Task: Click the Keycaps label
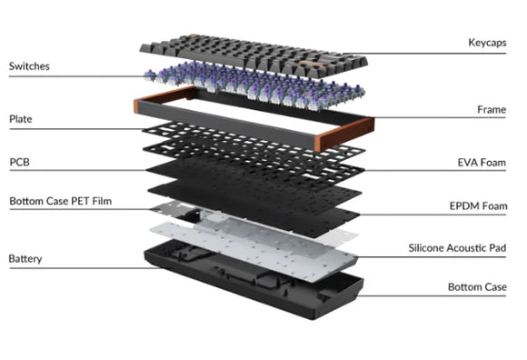487,43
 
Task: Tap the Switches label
29,66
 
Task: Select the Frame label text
492,110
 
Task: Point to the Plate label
21,119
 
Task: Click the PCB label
19,162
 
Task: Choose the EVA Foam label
482,163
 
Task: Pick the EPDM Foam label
478,205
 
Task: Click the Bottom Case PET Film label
61,201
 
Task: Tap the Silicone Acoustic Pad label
457,248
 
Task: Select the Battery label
25,259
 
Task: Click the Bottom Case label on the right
477,287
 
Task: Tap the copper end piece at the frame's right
346,134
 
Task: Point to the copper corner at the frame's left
162,96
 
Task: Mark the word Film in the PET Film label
102,201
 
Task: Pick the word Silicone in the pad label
426,248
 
